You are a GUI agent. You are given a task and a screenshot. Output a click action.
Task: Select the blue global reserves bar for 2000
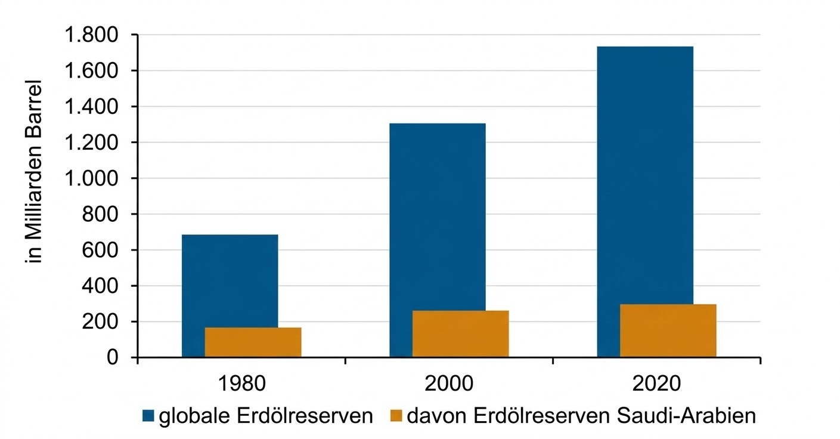(437, 215)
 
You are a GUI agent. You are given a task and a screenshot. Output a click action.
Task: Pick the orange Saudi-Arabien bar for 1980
(253, 342)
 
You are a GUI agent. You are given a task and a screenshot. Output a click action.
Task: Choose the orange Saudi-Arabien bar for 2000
(460, 334)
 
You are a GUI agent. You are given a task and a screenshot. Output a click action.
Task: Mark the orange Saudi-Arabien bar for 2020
(668, 331)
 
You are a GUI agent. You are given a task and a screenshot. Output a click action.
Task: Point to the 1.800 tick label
(92, 35)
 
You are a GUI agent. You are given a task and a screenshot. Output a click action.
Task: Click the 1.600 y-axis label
(92, 71)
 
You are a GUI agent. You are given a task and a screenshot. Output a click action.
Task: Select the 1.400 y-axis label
(92, 107)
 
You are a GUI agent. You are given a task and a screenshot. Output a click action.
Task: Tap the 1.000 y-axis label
(92, 178)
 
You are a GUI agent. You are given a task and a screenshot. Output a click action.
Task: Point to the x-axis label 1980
(241, 384)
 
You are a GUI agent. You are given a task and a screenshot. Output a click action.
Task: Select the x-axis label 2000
(449, 384)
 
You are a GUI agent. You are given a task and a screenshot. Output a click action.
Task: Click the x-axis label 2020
(656, 384)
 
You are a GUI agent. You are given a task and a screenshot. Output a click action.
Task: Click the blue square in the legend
(148, 416)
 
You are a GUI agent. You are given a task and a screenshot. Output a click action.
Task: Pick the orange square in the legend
(396, 416)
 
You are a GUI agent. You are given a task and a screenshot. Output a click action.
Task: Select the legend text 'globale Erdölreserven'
(266, 416)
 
